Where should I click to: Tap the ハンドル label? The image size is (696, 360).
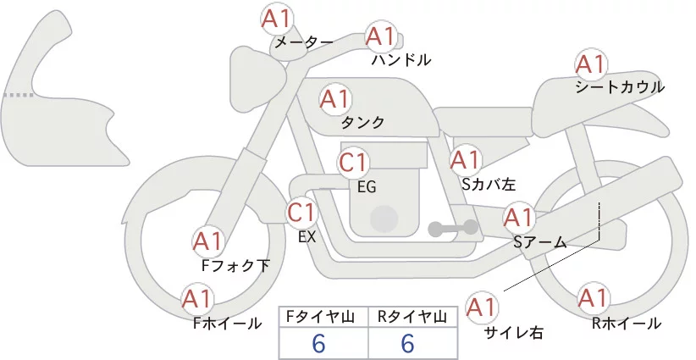click(x=401, y=60)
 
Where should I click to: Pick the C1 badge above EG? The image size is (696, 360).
click(x=352, y=162)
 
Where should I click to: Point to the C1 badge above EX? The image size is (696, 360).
click(x=301, y=211)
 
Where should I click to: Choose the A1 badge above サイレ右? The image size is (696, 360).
click(x=483, y=306)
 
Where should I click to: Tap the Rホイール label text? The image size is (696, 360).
click(x=627, y=324)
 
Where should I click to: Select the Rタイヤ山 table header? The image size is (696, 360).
click(x=413, y=316)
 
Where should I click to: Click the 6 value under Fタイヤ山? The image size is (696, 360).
click(x=319, y=343)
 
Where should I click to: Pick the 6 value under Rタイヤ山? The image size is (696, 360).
click(x=407, y=343)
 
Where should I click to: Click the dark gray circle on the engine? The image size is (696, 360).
click(x=385, y=218)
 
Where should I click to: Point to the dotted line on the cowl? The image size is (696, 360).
click(x=19, y=96)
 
